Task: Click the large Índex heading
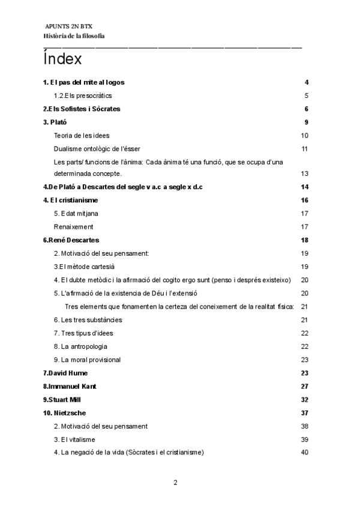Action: click(x=62, y=60)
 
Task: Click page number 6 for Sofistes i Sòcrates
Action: click(x=306, y=109)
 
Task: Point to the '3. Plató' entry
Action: click(x=55, y=122)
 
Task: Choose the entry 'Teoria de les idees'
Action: click(x=82, y=136)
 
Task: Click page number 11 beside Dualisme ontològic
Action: click(x=305, y=149)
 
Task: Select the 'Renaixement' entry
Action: click(x=73, y=227)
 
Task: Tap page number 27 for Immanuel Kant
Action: click(x=304, y=386)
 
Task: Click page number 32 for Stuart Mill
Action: click(x=304, y=399)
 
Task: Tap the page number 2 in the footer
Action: click(x=175, y=482)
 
